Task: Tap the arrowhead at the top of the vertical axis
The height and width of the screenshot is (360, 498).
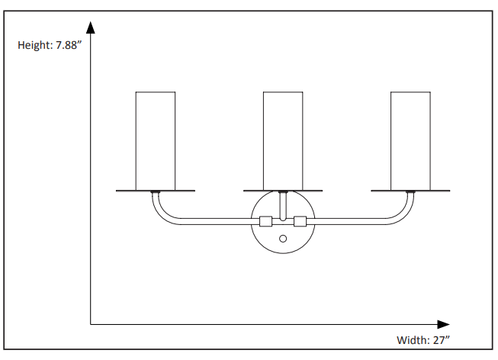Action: click(91, 28)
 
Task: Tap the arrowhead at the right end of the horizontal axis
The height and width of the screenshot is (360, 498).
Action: click(443, 324)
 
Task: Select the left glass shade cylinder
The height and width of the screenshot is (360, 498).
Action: click(156, 140)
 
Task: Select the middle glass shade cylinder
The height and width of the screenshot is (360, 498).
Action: click(283, 140)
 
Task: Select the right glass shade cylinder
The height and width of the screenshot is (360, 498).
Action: click(410, 140)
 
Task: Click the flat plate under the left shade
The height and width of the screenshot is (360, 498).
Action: click(156, 191)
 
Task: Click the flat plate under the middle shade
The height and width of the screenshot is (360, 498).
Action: click(283, 191)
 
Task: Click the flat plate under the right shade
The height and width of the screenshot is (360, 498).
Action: click(410, 191)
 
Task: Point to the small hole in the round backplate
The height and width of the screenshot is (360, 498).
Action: click(283, 239)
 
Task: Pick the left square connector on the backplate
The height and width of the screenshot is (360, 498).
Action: click(266, 222)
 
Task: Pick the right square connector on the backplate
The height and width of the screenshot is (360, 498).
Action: click(300, 222)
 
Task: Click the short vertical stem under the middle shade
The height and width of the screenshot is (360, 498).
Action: click(283, 206)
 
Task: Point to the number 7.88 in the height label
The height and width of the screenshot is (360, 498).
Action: click(69, 45)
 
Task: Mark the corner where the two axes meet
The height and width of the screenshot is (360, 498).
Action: click(91, 324)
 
